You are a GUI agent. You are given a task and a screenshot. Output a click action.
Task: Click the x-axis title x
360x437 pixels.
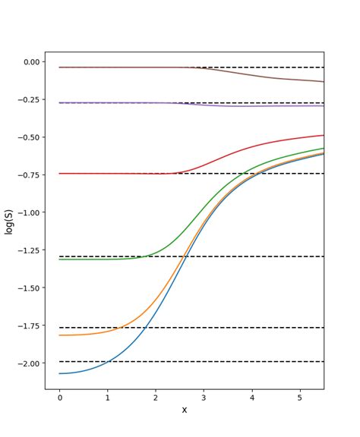click(184, 410)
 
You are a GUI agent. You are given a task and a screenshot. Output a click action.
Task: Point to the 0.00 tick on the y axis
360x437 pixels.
click(30, 62)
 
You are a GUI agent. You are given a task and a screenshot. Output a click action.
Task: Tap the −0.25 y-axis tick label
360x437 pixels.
click(27, 99)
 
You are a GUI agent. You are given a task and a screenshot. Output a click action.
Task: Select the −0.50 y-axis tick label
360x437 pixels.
click(27, 137)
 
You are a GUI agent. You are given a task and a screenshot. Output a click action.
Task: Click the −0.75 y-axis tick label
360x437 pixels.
click(27, 174)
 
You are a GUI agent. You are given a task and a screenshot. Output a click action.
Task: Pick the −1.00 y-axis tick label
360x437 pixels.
click(27, 212)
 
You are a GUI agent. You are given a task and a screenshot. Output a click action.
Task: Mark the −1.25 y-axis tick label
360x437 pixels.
click(27, 250)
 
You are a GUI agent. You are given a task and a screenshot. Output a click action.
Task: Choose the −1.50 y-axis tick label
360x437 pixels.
click(27, 288)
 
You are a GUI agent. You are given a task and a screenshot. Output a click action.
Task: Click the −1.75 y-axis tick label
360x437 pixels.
click(27, 325)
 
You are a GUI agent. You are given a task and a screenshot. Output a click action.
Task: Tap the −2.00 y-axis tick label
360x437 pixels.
click(27, 363)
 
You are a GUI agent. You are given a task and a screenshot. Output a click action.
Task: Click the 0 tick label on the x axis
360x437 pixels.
click(59, 398)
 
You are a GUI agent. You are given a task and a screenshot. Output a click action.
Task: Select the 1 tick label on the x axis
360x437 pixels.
click(107, 398)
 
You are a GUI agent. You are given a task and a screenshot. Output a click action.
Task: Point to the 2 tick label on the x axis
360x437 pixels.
click(156, 398)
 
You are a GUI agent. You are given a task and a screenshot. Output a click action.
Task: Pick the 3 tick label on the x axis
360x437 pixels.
click(204, 398)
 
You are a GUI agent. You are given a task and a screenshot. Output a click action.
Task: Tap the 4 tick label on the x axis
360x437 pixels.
click(251, 398)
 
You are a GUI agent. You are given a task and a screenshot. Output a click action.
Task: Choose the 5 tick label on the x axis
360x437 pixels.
click(300, 398)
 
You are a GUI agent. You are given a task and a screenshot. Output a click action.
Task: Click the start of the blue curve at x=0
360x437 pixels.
click(59, 373)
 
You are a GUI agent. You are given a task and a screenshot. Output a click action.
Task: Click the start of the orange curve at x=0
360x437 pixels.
click(59, 335)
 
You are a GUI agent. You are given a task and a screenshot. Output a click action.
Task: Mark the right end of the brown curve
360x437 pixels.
click(324, 81)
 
